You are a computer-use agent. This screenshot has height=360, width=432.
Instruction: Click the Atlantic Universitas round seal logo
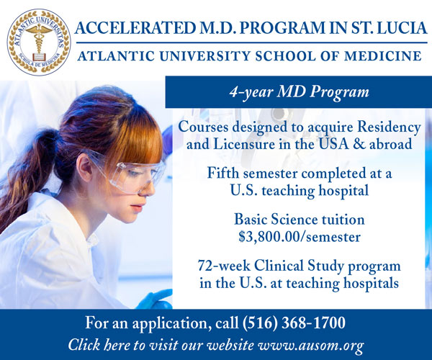39,42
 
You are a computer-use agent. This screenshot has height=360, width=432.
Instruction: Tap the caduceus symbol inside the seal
39,39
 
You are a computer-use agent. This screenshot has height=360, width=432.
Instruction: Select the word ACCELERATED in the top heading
135,28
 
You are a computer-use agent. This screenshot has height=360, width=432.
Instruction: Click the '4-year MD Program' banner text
299,91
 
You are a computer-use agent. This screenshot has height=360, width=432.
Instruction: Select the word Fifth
222,174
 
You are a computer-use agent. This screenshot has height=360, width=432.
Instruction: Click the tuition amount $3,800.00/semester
300,236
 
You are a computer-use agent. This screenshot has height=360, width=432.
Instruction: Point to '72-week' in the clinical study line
224,266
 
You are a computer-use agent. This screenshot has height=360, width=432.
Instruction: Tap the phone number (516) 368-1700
294,323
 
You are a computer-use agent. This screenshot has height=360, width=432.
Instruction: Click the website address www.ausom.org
310,345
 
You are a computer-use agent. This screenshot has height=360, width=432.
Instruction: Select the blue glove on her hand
155,300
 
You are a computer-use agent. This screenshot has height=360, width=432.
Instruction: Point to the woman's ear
84,168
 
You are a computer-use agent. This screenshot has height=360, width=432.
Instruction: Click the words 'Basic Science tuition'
300,220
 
